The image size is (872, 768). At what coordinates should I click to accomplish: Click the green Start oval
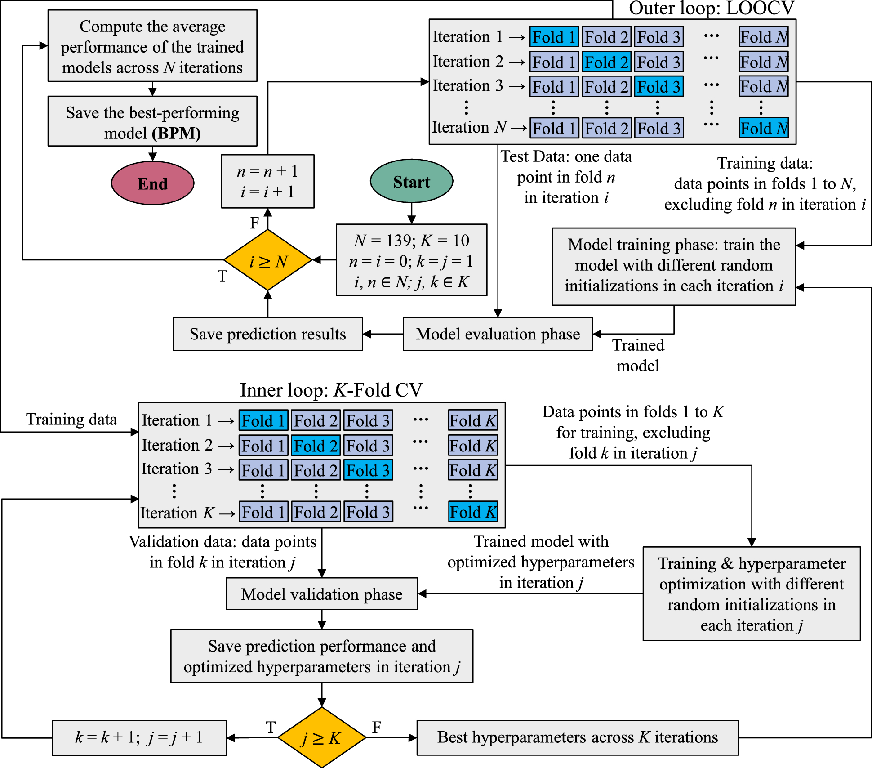tap(411, 181)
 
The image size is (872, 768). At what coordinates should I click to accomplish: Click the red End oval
tap(153, 183)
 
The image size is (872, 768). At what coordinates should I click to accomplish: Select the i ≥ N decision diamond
tap(268, 260)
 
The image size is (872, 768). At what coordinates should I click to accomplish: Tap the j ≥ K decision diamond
tap(321, 738)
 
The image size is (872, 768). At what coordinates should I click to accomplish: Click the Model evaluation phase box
tap(498, 334)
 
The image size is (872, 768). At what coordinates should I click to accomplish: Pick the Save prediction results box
tap(267, 334)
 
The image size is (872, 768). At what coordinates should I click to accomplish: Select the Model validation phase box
tap(321, 594)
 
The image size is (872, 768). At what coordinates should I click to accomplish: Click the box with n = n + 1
tap(267, 181)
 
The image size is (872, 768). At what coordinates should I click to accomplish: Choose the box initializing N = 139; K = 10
tap(411, 260)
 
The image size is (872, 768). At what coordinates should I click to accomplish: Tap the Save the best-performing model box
tap(152, 121)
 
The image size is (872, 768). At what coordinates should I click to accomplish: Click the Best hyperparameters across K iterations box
tap(578, 738)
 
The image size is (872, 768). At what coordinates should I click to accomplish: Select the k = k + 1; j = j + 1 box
tap(139, 738)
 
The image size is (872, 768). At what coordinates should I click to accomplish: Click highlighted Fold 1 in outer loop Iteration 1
tap(554, 37)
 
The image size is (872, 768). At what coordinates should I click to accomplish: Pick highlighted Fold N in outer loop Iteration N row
tap(764, 128)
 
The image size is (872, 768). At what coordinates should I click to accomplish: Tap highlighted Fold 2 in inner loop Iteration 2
tap(316, 446)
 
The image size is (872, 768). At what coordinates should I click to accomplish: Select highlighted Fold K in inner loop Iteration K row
tap(473, 512)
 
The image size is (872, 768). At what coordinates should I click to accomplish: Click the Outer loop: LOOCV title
tap(712, 8)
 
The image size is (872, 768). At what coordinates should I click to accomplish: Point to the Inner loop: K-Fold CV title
tap(331, 390)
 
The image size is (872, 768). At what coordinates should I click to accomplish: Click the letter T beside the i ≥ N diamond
tap(222, 276)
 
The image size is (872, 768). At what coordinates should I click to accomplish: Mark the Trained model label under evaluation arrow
tap(638, 355)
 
